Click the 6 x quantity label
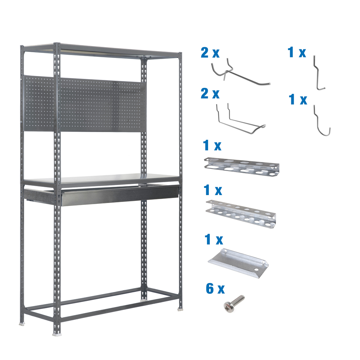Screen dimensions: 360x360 pyautogui.click(x=215, y=289)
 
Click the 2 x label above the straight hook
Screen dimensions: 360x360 pyautogui.click(x=210, y=53)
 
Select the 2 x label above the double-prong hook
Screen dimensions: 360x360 pyautogui.click(x=210, y=94)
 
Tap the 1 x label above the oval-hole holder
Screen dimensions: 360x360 pyautogui.click(x=212, y=146)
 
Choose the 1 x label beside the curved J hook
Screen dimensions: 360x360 pyautogui.click(x=298, y=100)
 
